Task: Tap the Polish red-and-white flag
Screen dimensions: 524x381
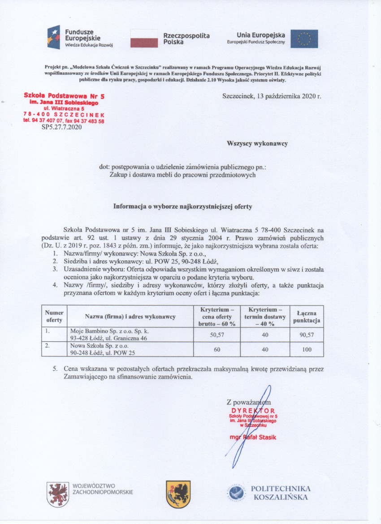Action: [144, 39]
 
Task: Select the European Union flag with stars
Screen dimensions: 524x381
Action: [304, 39]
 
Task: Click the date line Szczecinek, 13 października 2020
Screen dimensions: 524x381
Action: [272, 96]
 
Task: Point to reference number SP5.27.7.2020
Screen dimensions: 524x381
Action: [61, 127]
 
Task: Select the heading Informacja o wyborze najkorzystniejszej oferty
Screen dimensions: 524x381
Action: [183, 207]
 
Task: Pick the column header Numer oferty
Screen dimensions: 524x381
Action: [54, 317]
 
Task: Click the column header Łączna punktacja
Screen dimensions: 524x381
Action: [307, 317]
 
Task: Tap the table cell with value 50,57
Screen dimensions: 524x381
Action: [217, 335]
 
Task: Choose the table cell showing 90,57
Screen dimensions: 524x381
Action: [307, 335]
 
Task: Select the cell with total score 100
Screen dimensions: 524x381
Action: [307, 349]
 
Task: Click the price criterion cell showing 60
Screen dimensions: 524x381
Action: [217, 349]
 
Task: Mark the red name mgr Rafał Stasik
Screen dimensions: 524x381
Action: [250, 437]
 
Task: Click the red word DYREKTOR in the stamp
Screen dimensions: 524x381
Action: [253, 410]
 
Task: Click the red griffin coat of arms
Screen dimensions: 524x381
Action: [57, 494]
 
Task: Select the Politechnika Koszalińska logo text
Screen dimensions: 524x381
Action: [281, 493]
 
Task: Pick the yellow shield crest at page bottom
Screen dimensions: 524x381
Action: [178, 494]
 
